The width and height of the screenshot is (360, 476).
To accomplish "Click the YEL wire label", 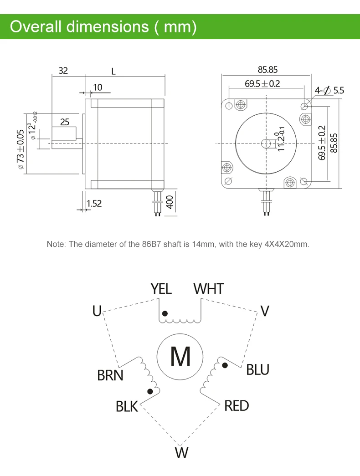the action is [161, 289].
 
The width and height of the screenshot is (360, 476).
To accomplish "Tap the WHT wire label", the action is [209, 289].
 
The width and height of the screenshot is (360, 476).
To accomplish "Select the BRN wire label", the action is [110, 375].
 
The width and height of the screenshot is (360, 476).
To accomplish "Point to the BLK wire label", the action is [127, 406].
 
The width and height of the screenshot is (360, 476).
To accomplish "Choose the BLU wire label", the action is [257, 370].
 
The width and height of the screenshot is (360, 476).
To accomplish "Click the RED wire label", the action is [237, 406].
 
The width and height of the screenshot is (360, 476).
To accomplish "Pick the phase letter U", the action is [97, 311].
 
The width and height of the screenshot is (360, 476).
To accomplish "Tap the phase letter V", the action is [265, 311].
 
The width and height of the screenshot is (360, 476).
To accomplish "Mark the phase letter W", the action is [181, 453].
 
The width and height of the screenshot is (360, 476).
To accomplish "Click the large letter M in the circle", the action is [180, 356].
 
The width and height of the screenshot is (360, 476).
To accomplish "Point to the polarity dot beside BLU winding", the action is [225, 365].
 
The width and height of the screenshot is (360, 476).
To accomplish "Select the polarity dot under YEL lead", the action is [165, 313].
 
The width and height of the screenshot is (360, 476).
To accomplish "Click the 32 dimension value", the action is [63, 71].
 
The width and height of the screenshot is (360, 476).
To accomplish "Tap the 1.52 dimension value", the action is [94, 204].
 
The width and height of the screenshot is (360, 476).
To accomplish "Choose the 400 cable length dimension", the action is [170, 202].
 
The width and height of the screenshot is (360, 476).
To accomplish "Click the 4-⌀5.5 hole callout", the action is [329, 91].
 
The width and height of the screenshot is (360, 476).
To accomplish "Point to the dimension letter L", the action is [113, 72].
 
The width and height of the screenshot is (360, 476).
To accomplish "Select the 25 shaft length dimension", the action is [65, 122].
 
